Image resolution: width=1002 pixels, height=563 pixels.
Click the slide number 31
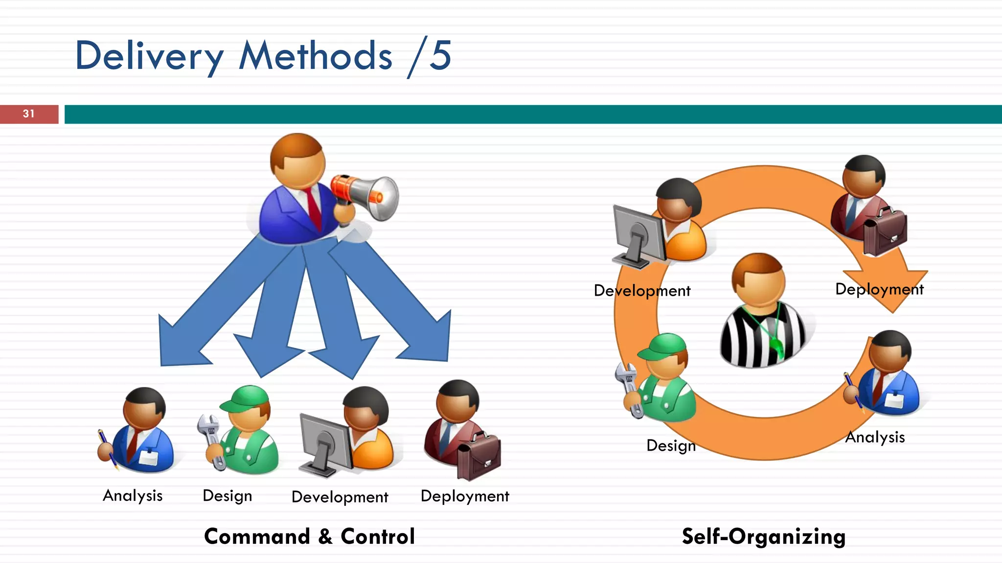coord(29,114)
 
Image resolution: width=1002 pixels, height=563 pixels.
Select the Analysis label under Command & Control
coord(133,496)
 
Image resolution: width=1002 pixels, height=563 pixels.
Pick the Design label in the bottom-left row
coord(228,496)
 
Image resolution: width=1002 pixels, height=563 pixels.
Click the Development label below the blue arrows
coord(340,497)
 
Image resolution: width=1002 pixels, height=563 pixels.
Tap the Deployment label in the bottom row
coord(465,496)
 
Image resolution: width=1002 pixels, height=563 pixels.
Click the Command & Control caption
coord(309,536)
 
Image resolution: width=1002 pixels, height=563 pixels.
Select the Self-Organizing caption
coord(763,536)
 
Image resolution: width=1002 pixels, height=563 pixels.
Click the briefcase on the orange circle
coord(885,231)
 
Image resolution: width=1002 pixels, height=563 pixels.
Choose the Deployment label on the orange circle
coord(879,289)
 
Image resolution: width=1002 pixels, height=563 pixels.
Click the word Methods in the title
coord(316,56)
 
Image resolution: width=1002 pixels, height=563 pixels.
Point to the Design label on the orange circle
coord(671,446)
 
